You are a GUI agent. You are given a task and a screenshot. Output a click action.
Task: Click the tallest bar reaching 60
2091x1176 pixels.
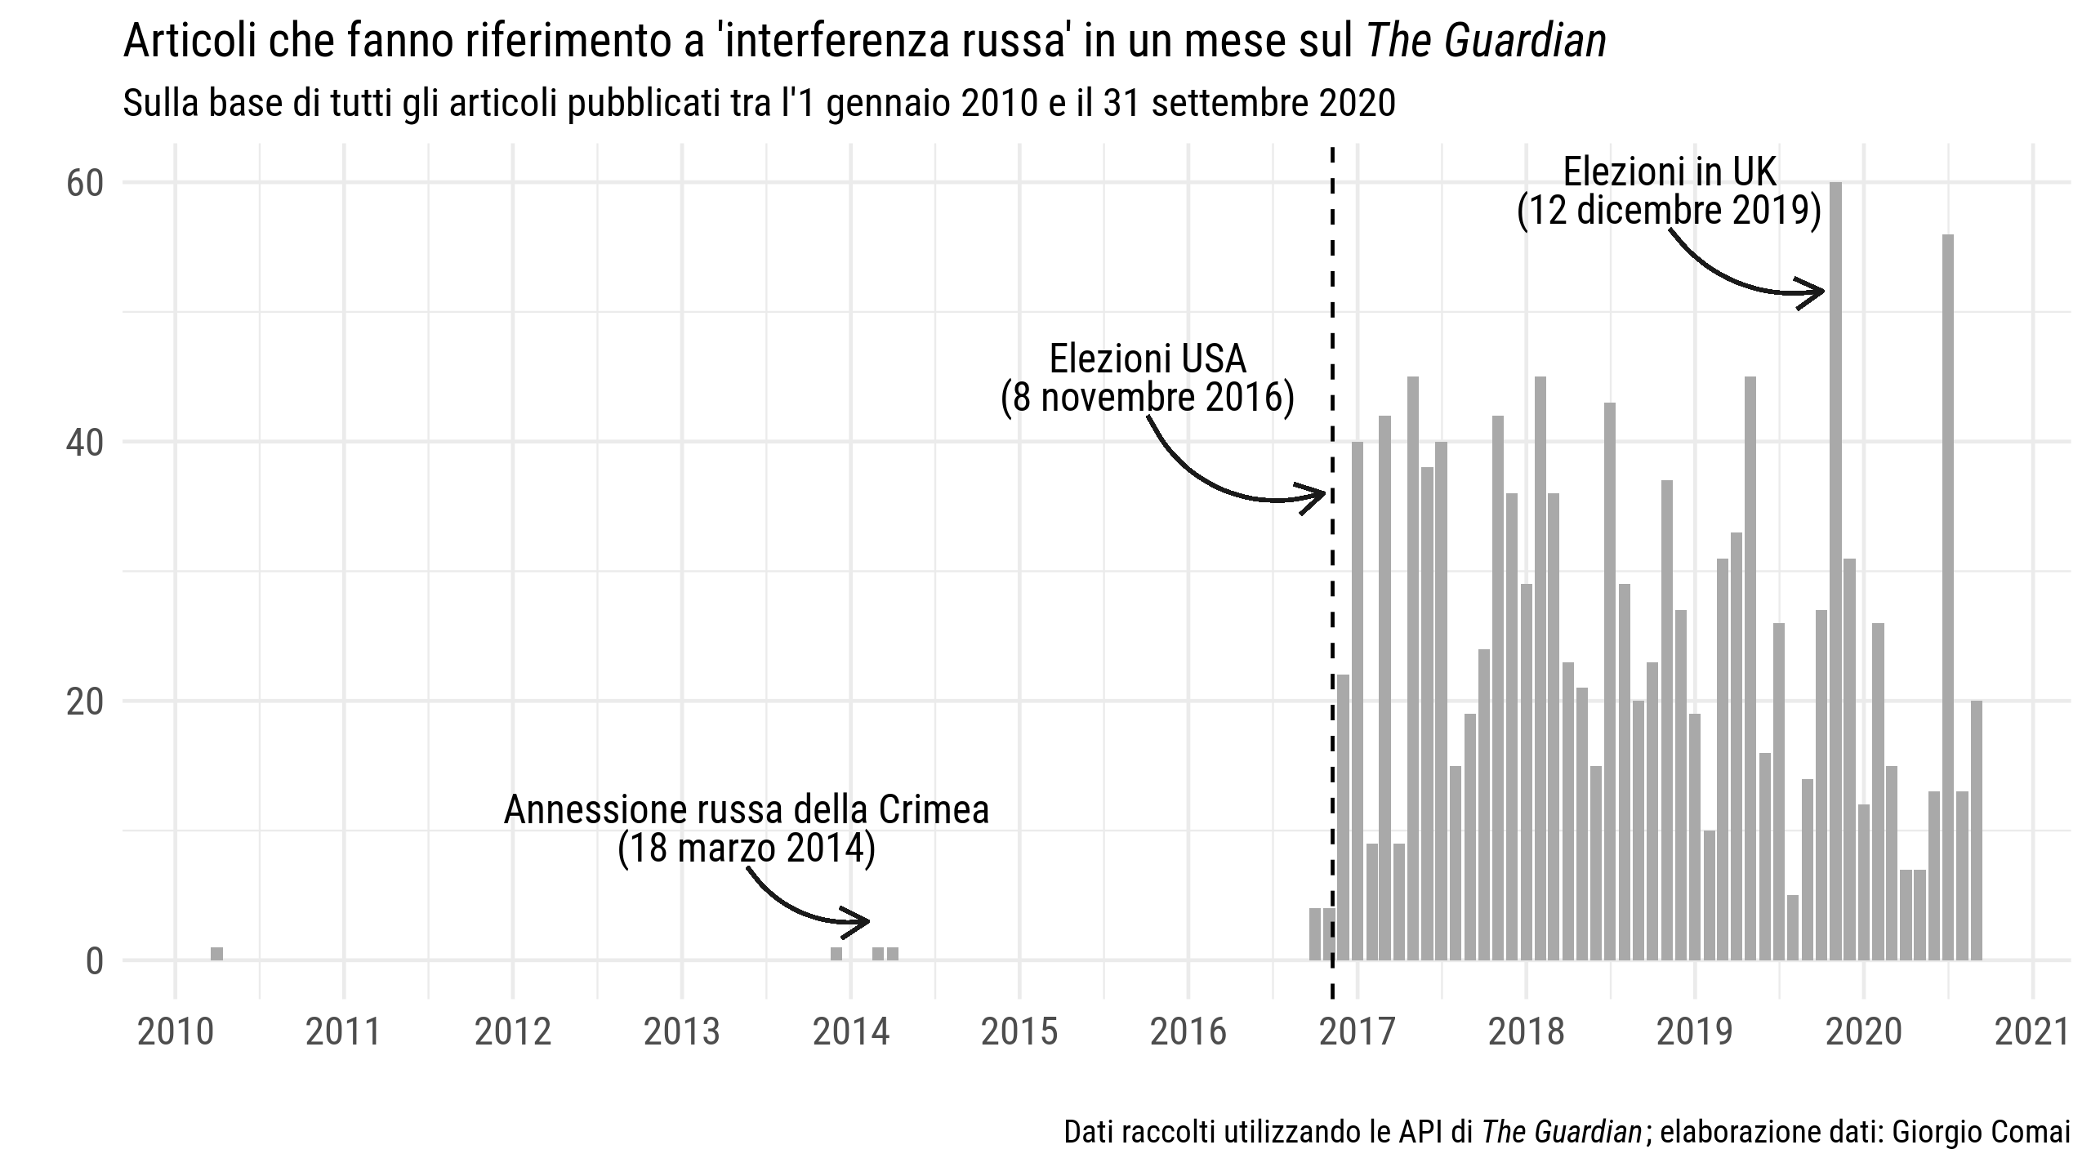click(1835, 572)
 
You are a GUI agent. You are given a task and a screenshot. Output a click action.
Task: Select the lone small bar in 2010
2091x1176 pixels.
click(216, 954)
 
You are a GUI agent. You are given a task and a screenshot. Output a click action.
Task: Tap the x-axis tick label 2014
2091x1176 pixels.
click(851, 1033)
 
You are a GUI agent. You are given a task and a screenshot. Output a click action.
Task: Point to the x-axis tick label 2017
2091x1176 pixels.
click(1358, 1033)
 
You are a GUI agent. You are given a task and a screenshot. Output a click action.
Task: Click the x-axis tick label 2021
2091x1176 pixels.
click(2031, 1033)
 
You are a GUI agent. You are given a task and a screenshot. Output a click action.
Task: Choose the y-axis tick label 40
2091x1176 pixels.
click(85, 443)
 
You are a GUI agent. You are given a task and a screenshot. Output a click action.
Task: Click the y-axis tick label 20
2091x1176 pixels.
click(85, 702)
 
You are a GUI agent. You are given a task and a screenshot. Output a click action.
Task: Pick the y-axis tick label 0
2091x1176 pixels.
click(94, 962)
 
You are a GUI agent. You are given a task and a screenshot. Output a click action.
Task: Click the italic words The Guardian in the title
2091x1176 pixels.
click(1486, 42)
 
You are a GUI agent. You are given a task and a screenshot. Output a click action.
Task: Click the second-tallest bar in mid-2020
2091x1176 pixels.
click(1948, 596)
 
